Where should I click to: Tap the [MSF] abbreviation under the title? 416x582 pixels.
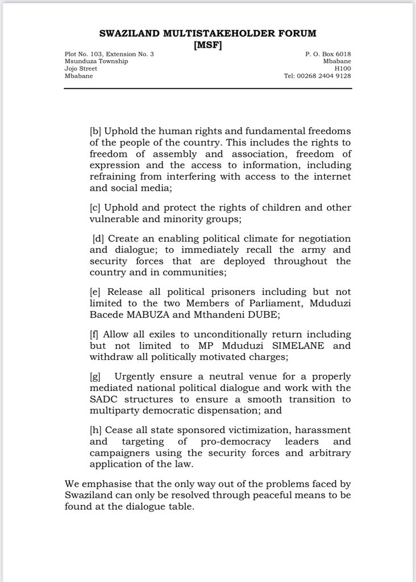click(208, 44)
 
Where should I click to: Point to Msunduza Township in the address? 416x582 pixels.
click(96, 61)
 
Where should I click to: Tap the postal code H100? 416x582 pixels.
click(342, 68)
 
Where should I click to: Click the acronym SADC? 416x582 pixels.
click(105, 401)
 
